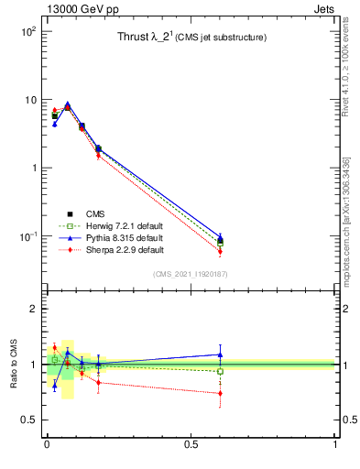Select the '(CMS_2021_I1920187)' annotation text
tap(190, 273)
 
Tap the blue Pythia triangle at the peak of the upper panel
tap(67, 104)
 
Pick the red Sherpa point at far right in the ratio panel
tap(220, 393)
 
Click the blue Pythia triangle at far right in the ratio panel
tap(220, 354)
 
